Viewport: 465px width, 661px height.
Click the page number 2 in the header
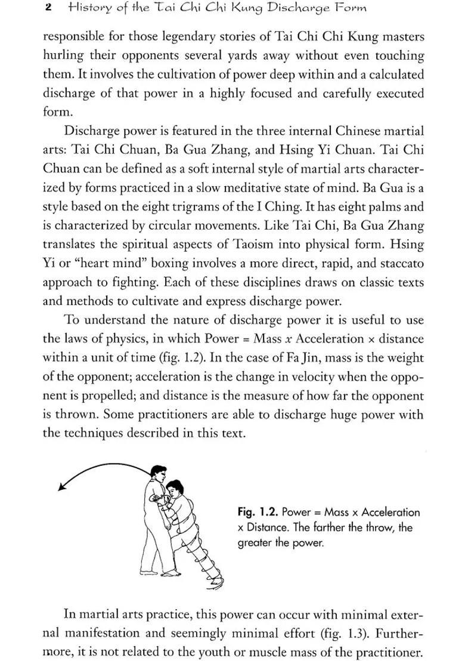point(47,8)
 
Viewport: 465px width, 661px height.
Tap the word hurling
point(62,55)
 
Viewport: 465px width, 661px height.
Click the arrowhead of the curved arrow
point(61,487)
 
